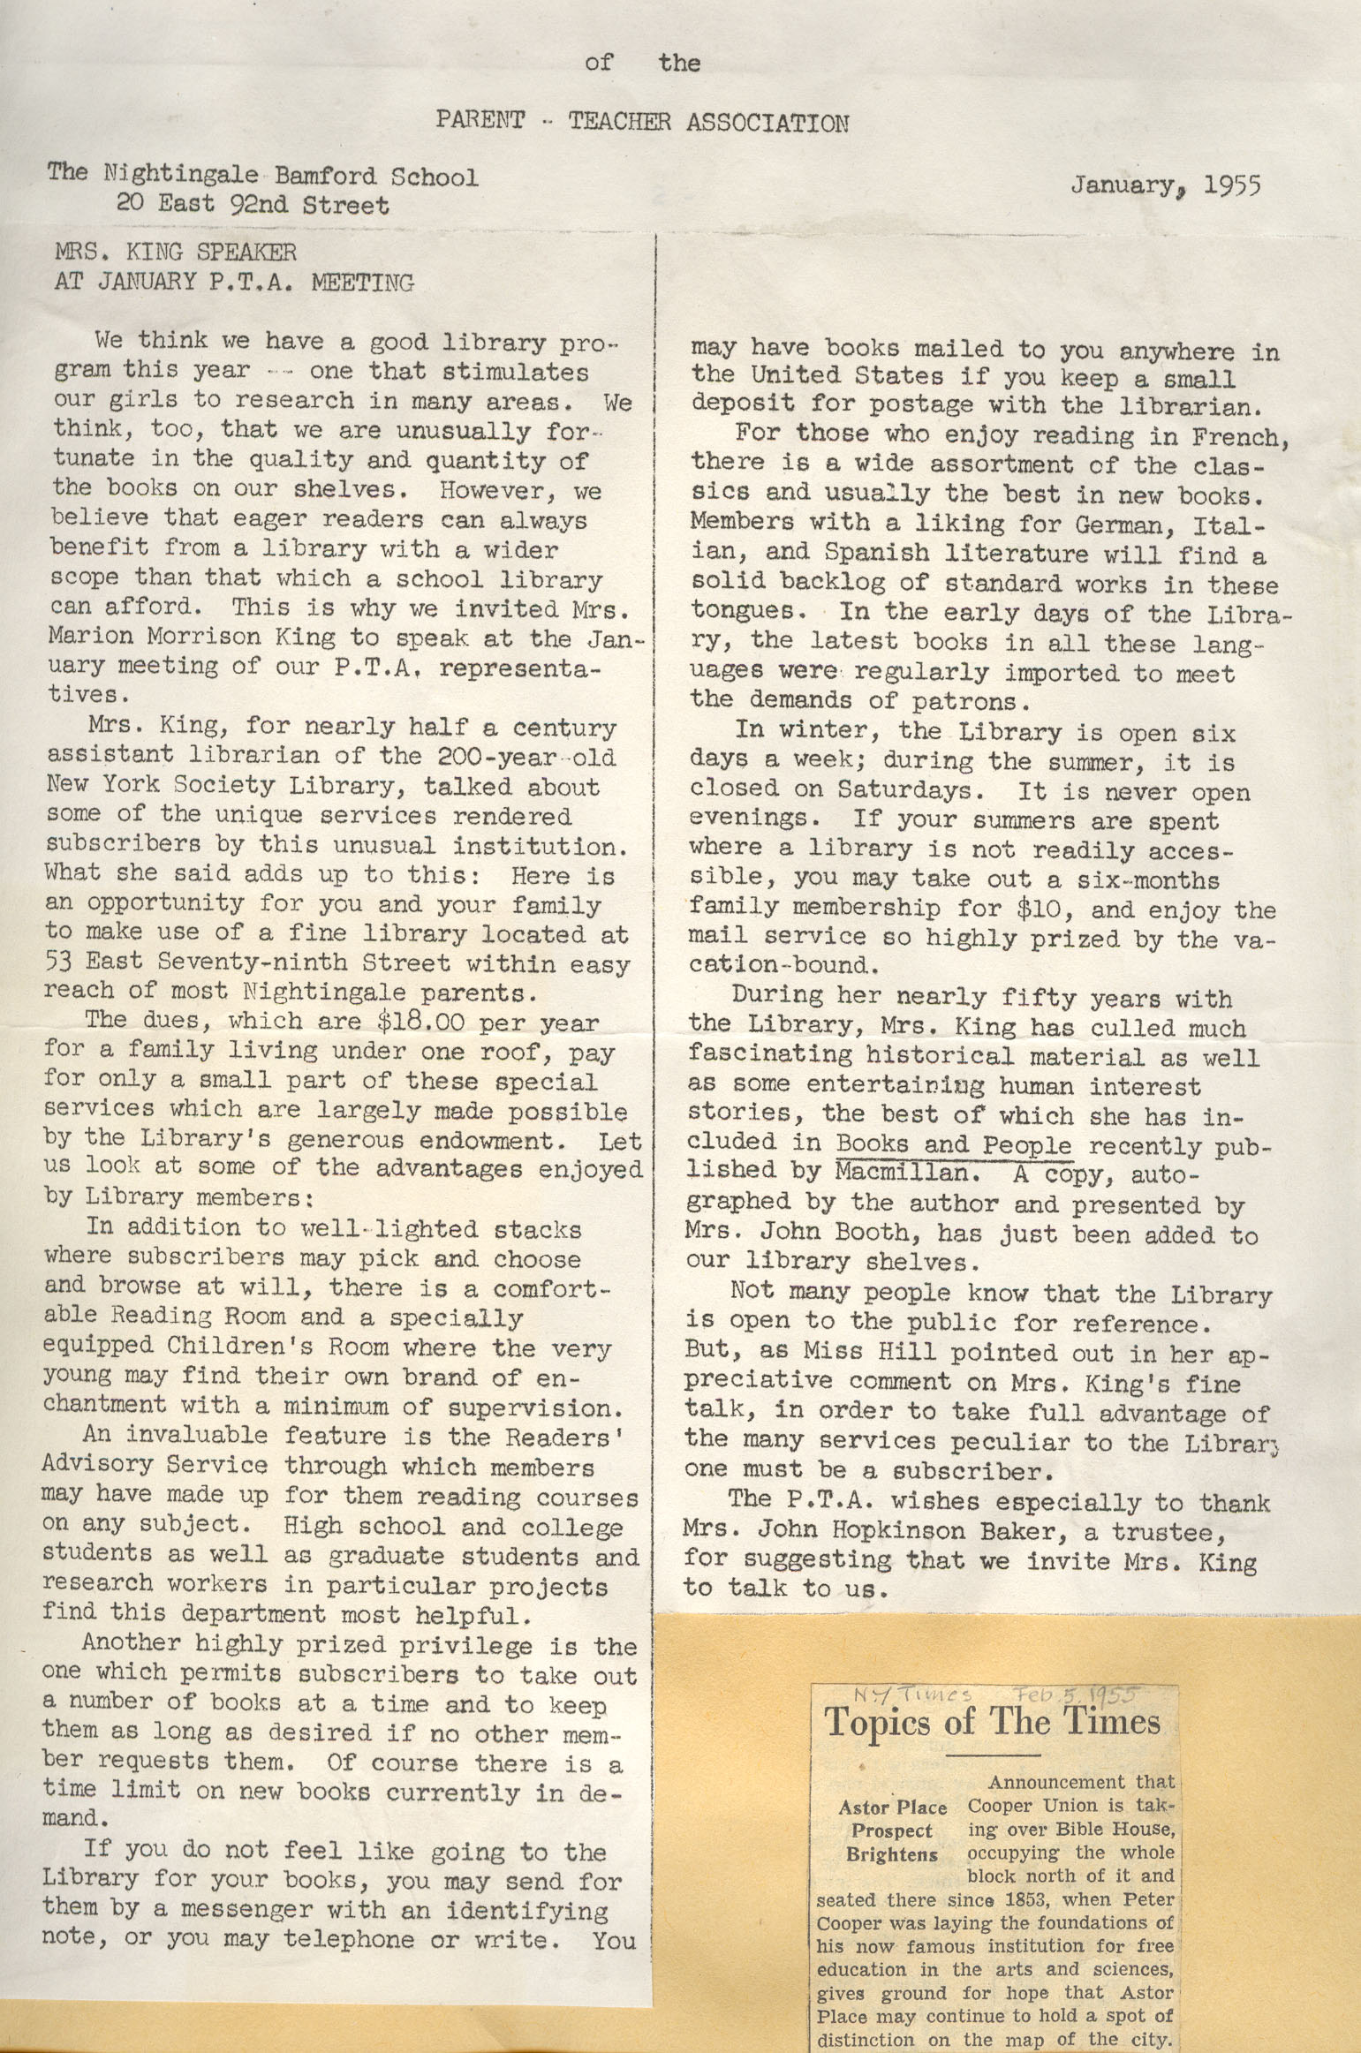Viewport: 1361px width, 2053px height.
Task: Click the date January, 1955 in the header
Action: coord(1166,185)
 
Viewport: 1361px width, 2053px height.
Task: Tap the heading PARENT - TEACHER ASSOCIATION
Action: coord(642,122)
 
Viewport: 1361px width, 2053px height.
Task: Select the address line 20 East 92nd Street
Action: coord(253,206)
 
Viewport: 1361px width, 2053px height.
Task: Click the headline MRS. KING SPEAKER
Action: coord(176,253)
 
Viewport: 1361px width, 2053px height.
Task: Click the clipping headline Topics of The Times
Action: coord(992,1721)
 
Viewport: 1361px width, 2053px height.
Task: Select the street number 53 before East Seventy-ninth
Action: coord(60,962)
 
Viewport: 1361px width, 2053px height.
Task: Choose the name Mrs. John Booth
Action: coord(801,1232)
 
